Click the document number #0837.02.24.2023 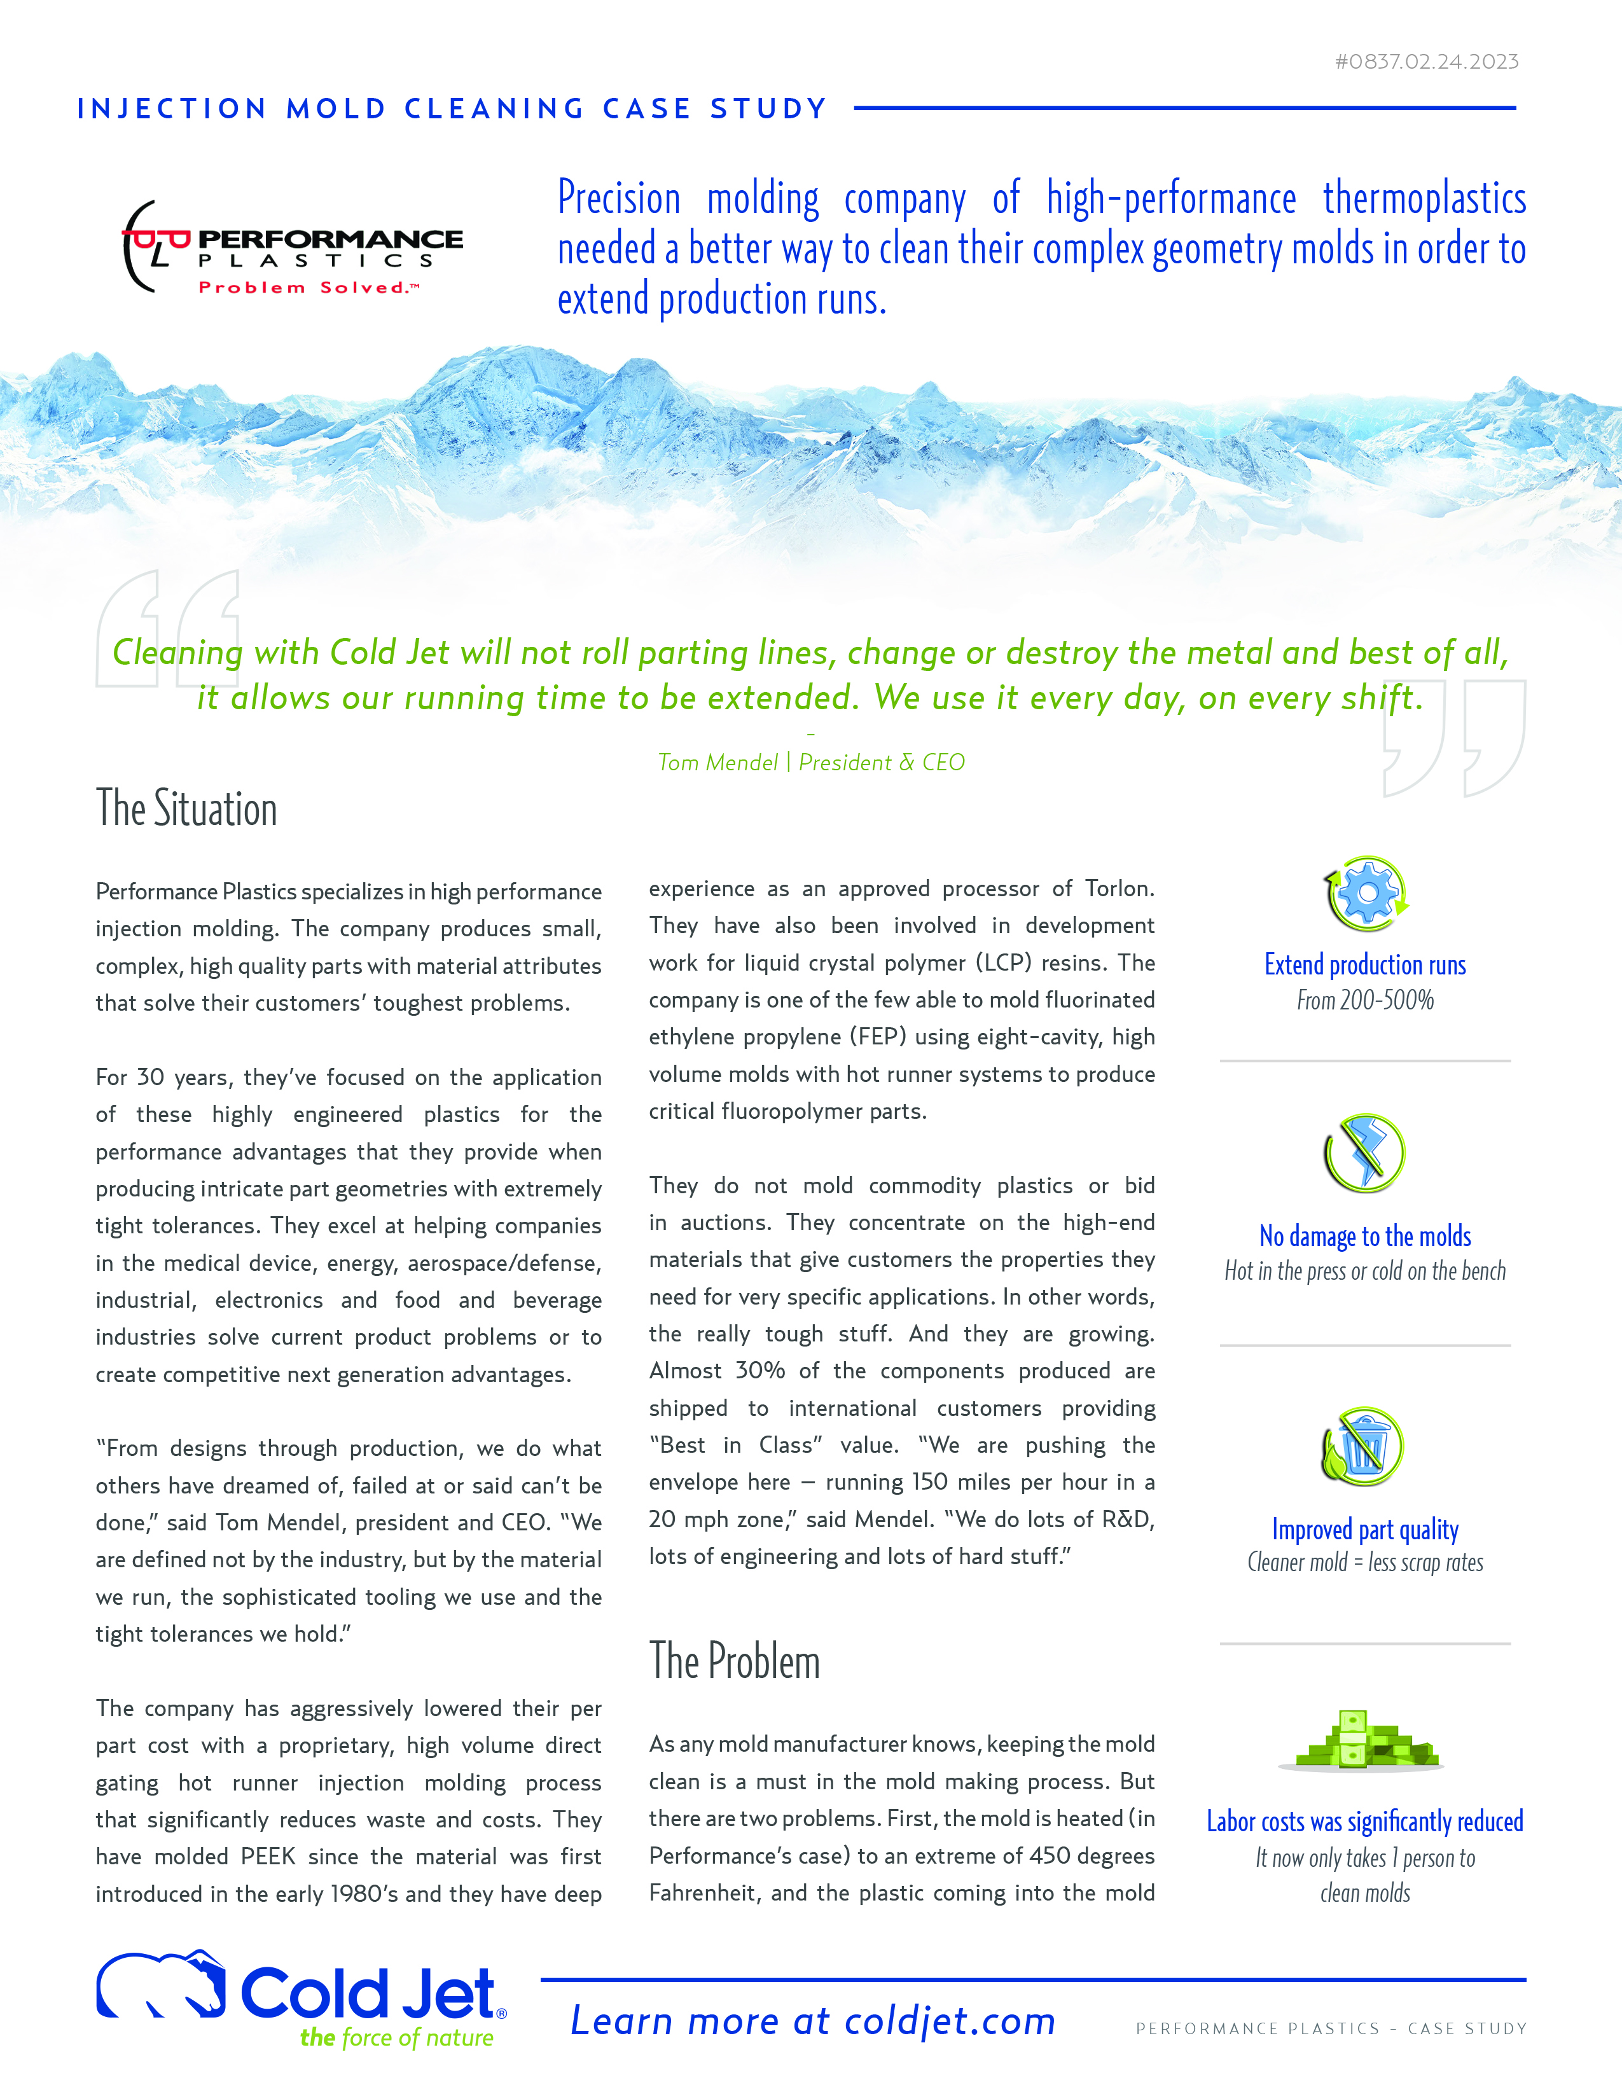pyautogui.click(x=1426, y=62)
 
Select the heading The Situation pyautogui.click(x=186, y=808)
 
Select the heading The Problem pyautogui.click(x=734, y=1661)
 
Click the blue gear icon pyautogui.click(x=1366, y=893)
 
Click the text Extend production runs pyautogui.click(x=1364, y=965)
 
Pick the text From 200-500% pyautogui.click(x=1364, y=1001)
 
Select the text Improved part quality pyautogui.click(x=1364, y=1529)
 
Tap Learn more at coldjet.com pyautogui.click(x=813, y=2021)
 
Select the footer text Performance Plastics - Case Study pyautogui.click(x=1331, y=2029)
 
